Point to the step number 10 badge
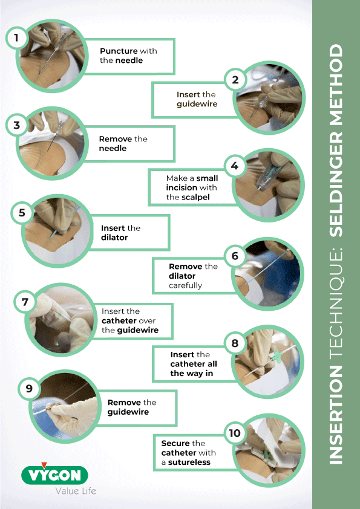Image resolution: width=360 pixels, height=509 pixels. click(235, 433)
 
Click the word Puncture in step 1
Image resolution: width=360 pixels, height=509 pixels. click(119, 51)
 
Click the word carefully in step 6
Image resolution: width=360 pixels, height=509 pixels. click(186, 285)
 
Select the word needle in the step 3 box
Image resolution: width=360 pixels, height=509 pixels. click(113, 148)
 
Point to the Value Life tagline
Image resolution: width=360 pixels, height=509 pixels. click(76, 491)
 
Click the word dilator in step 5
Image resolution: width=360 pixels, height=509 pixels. click(114, 238)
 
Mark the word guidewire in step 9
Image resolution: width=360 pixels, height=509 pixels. click(128, 412)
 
